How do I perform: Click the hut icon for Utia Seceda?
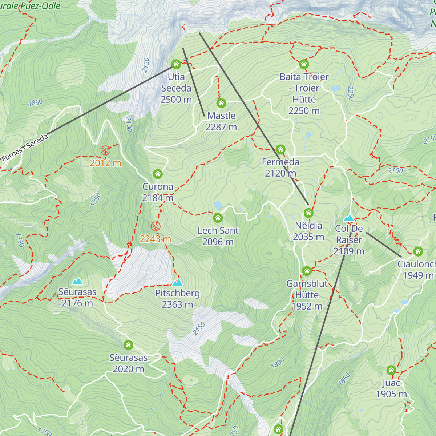pyautogui.click(x=176, y=64)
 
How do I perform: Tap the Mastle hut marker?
pyautogui.click(x=221, y=103)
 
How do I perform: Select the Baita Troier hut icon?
pyautogui.click(x=304, y=64)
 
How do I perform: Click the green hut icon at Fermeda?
pyautogui.click(x=280, y=149)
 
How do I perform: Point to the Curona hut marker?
pyautogui.click(x=158, y=174)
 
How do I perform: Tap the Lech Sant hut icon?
pyautogui.click(x=218, y=218)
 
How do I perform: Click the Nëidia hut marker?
pyautogui.click(x=308, y=213)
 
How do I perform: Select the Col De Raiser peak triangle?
pyautogui.click(x=349, y=218)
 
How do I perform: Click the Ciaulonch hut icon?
pyautogui.click(x=418, y=251)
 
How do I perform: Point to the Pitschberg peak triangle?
pyautogui.click(x=177, y=282)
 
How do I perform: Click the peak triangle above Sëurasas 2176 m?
pyautogui.click(x=77, y=281)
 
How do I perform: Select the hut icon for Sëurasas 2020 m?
pyautogui.click(x=128, y=345)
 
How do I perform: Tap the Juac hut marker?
pyautogui.click(x=391, y=370)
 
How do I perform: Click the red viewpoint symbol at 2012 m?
pyautogui.click(x=105, y=150)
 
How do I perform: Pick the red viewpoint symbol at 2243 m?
pyautogui.click(x=156, y=227)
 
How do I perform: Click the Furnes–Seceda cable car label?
pyautogui.click(x=25, y=148)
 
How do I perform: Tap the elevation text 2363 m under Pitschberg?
pyautogui.click(x=177, y=304)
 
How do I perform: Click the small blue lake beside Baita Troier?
pyautogui.click(x=335, y=88)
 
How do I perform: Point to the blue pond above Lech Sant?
pyautogui.click(x=218, y=205)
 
